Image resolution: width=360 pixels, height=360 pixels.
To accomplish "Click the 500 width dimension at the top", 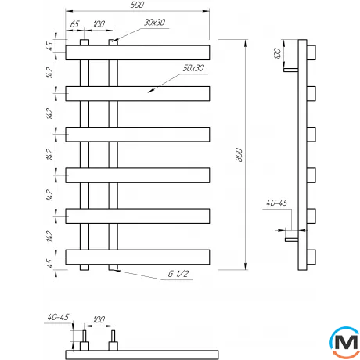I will click(x=136, y=6).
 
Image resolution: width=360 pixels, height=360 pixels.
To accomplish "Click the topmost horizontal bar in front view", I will click(x=138, y=52).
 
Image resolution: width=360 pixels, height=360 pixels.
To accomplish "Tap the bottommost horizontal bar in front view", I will click(x=138, y=256).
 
